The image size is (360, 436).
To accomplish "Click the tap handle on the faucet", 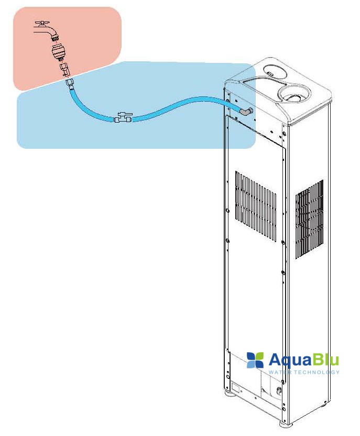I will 42,24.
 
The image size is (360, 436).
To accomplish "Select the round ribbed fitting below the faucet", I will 58,52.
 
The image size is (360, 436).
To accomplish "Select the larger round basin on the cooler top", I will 295,95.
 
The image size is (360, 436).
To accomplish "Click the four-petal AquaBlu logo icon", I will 255,359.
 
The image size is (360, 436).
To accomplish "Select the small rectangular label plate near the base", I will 237,388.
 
